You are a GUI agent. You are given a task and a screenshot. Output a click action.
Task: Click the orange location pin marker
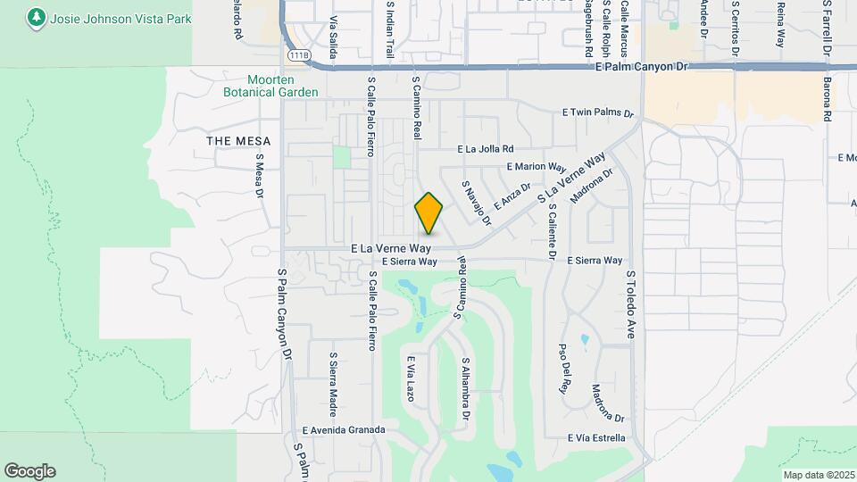(428, 212)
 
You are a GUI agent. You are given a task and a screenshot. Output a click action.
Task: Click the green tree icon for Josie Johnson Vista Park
(36, 18)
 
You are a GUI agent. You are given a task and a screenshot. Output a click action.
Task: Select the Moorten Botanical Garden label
(270, 86)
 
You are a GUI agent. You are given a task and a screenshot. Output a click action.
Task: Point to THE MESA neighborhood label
(231, 141)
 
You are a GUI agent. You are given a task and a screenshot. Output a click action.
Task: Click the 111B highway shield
(298, 55)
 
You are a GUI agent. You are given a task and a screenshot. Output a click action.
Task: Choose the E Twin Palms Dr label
(597, 112)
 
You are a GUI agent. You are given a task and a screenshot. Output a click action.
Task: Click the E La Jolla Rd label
(486, 149)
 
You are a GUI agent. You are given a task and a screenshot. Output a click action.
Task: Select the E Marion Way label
(536, 167)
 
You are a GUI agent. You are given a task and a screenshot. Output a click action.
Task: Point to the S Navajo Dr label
(477, 203)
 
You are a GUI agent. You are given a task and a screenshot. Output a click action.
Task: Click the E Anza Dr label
(512, 197)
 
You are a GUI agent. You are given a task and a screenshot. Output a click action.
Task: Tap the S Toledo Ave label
(630, 304)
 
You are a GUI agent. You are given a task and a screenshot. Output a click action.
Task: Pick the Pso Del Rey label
(563, 368)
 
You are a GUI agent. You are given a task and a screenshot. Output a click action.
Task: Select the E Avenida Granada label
(343, 429)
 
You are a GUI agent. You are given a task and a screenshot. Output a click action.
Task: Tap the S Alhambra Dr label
(465, 391)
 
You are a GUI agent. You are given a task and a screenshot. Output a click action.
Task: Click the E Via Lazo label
(412, 378)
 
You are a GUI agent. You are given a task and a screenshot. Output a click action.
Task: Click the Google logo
(29, 470)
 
